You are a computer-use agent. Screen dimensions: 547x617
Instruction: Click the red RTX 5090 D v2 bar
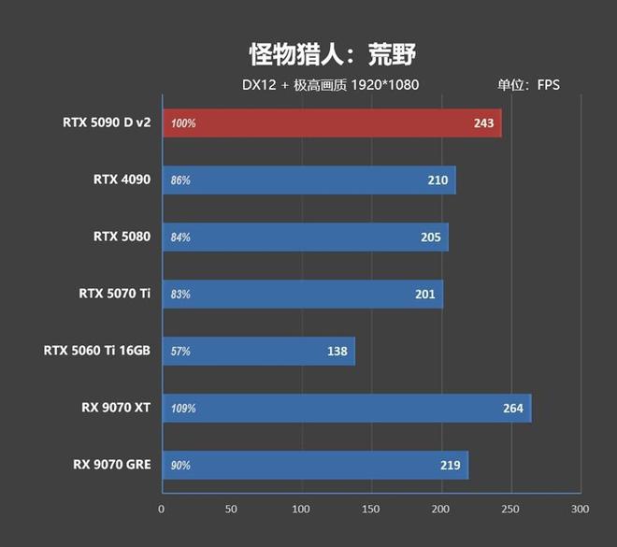332,123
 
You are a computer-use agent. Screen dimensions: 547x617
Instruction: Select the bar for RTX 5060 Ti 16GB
259,352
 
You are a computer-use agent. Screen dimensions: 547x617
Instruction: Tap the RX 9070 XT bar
346,409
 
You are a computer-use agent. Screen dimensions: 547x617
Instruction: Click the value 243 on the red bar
484,123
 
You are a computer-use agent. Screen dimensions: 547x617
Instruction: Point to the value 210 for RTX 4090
438,180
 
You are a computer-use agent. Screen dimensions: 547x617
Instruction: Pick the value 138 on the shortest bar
337,352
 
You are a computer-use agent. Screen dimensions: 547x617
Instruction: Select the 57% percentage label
180,352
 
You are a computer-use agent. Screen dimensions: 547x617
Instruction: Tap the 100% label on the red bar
183,123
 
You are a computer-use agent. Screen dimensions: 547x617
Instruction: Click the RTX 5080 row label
122,237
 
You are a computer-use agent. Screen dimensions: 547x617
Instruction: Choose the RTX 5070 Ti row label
114,294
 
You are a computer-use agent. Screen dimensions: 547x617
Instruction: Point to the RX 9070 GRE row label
111,465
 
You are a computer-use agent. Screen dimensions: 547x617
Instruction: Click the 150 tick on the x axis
371,510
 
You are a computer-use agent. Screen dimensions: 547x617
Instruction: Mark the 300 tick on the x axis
580,510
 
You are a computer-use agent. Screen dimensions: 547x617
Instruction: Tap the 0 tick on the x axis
162,510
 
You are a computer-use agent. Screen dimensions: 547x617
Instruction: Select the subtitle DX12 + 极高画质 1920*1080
330,85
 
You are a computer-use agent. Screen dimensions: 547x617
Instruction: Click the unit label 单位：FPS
528,85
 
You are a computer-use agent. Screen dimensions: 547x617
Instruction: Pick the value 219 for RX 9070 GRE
451,465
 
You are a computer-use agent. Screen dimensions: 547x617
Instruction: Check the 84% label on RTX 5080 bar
180,237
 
